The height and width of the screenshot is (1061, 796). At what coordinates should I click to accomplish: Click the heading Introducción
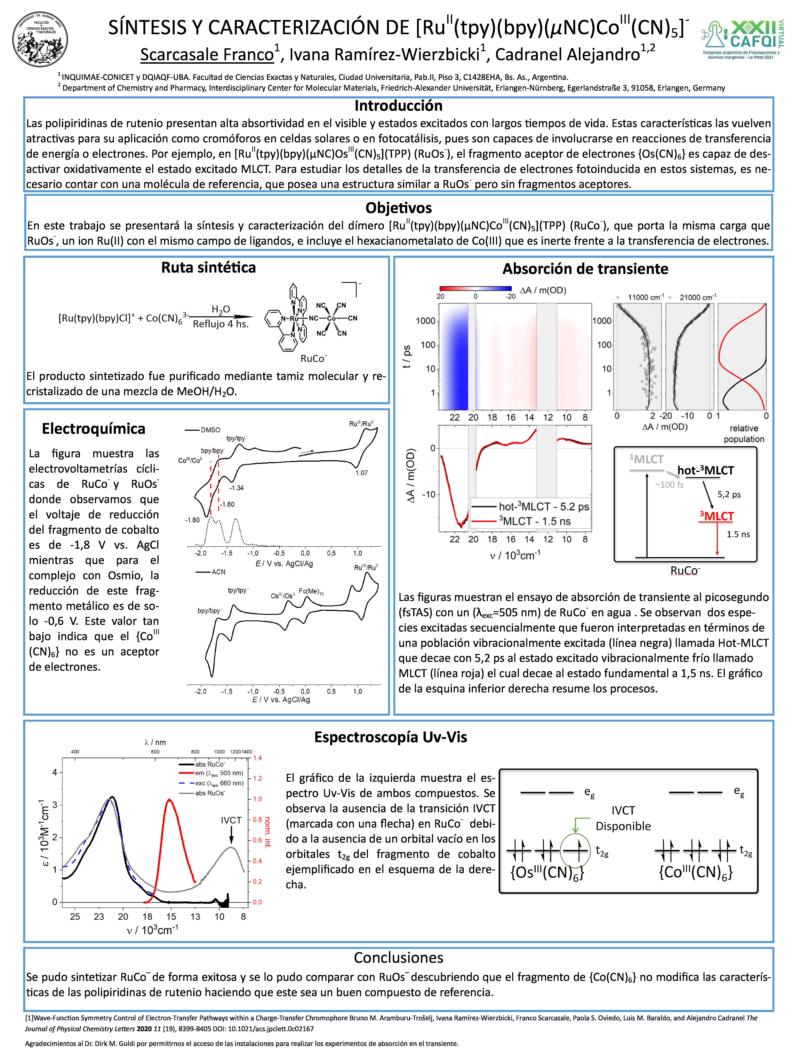pos(398,105)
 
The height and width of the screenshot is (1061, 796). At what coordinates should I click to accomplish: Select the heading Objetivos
pos(398,208)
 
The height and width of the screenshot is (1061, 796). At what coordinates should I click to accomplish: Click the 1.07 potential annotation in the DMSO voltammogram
pos(361,473)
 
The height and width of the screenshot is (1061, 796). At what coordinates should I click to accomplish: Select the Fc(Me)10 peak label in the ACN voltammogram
pos(311,591)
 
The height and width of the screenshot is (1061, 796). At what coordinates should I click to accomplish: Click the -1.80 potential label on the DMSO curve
pos(192,520)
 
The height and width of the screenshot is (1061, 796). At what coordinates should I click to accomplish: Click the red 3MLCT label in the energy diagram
pos(716,516)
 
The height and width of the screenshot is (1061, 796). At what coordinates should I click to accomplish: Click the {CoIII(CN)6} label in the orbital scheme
pos(696,873)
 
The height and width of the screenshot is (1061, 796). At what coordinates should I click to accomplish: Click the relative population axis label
pos(744,434)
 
